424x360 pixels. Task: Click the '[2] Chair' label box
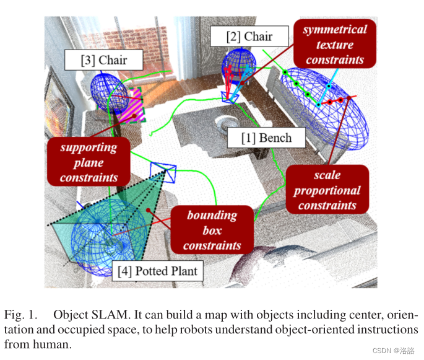coord(249,36)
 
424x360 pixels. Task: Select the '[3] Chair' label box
coord(104,61)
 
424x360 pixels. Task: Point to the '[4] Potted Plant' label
coord(160,271)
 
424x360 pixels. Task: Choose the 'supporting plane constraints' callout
coord(89,162)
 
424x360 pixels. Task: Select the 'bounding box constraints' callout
coord(212,230)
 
